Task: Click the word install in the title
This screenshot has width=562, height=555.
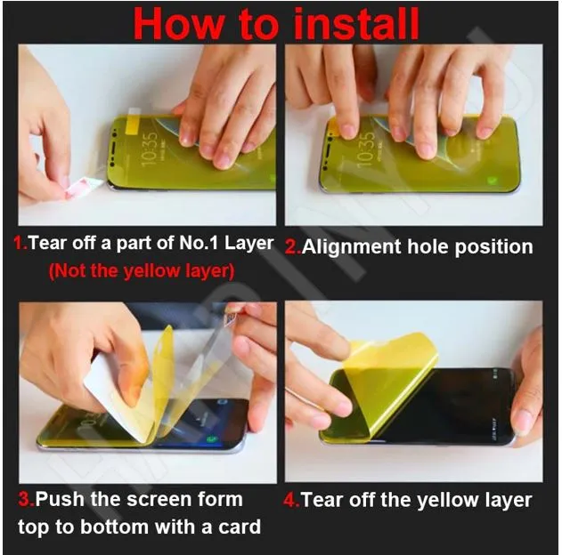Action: point(344,24)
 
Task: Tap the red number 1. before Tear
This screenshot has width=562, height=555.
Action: point(20,244)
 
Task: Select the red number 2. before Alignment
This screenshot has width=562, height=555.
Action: point(293,248)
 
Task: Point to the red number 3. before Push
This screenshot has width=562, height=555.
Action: point(26,499)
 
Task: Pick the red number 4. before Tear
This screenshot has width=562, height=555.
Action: point(291,500)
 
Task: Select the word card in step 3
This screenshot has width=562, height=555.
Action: point(238,527)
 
